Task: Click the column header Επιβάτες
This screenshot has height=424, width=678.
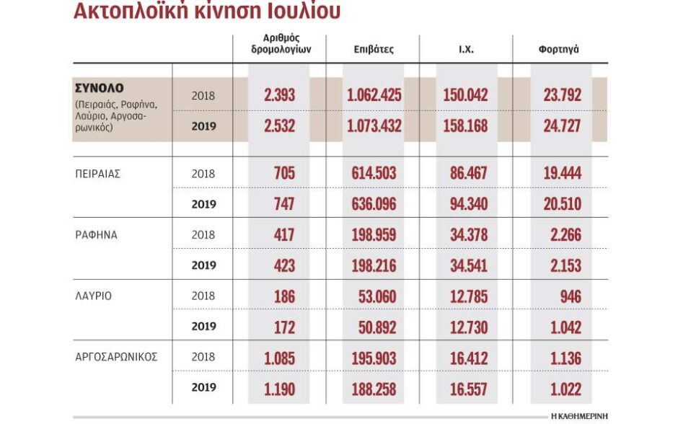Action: [x=374, y=50]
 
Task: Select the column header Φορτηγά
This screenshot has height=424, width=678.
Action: [x=558, y=50]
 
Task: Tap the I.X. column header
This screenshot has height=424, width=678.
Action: [x=467, y=50]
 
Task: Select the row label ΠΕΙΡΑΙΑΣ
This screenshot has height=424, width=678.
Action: [x=97, y=174]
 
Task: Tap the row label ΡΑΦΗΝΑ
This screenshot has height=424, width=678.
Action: [x=95, y=234]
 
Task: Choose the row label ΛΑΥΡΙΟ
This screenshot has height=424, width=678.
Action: [x=93, y=296]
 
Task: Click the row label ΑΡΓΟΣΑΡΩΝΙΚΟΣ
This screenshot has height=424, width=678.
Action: [x=116, y=357]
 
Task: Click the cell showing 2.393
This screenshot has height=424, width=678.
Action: [x=279, y=95]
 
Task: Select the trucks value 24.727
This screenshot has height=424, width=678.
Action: [x=562, y=126]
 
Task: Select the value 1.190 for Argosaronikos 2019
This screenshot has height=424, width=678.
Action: [x=279, y=388]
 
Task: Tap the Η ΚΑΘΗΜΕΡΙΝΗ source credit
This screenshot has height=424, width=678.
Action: [x=579, y=416]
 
